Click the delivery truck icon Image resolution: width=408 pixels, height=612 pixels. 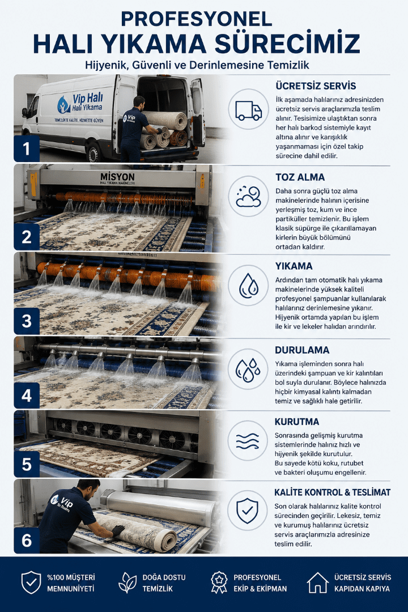[x=248, y=110]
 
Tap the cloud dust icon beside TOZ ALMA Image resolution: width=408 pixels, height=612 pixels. [x=248, y=196]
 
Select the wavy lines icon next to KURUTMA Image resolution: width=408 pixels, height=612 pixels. [x=248, y=441]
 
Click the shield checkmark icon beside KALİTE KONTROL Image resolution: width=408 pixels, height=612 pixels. [x=248, y=511]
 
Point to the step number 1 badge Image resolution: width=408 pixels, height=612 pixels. [x=27, y=148]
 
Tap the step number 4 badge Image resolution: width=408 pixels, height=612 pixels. [x=27, y=396]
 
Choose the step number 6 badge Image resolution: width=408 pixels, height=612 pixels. [x=27, y=541]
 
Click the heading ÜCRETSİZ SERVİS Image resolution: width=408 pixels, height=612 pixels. [x=316, y=86]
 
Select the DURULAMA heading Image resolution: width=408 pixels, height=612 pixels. [x=302, y=350]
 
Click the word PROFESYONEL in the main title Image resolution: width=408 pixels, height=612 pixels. [x=197, y=19]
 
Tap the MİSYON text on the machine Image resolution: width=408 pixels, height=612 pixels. [x=117, y=177]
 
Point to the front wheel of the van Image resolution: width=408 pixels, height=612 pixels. [x=93, y=152]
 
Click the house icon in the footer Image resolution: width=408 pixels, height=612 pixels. [x=317, y=583]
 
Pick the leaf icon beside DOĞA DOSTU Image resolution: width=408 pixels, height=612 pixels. [x=127, y=583]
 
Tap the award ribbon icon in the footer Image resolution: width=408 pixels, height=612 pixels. [x=219, y=583]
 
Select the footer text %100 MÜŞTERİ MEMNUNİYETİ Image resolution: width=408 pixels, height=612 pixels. [x=71, y=583]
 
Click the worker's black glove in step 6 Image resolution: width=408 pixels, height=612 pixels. [x=118, y=530]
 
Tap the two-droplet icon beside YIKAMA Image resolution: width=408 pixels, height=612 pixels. [x=248, y=286]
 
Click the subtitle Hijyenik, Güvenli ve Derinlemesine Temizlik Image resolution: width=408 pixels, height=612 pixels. [x=197, y=65]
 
